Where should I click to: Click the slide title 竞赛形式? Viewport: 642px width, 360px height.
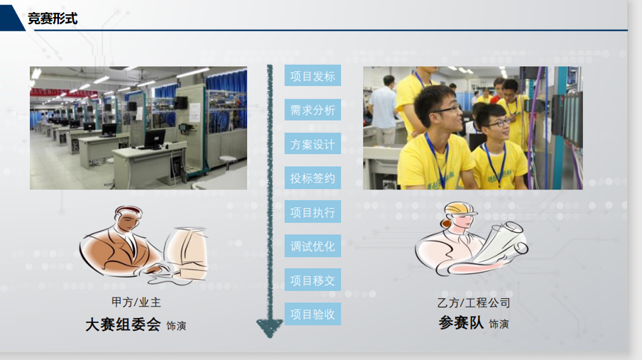[53, 18]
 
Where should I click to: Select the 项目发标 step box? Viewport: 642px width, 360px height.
[312, 76]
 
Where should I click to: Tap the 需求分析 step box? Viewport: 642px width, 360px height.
[312, 110]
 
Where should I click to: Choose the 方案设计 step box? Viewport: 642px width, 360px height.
[312, 143]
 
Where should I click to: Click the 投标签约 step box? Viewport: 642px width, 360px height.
[312, 178]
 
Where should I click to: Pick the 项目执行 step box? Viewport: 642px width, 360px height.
[312, 212]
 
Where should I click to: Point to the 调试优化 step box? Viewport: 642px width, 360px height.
[312, 246]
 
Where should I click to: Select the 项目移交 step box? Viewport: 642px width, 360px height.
[312, 280]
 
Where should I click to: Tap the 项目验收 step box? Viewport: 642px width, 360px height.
[312, 314]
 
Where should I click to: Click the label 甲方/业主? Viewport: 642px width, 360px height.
[136, 302]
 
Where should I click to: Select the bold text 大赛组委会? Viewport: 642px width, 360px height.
[123, 324]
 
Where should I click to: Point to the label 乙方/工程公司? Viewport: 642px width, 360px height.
[474, 302]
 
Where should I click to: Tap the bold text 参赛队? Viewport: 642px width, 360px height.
[461, 323]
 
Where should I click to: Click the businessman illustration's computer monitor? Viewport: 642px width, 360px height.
[187, 254]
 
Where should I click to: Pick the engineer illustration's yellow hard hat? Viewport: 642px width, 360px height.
[461, 209]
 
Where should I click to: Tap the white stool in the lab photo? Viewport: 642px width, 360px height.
[228, 161]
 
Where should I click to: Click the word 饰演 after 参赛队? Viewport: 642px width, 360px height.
[499, 324]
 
